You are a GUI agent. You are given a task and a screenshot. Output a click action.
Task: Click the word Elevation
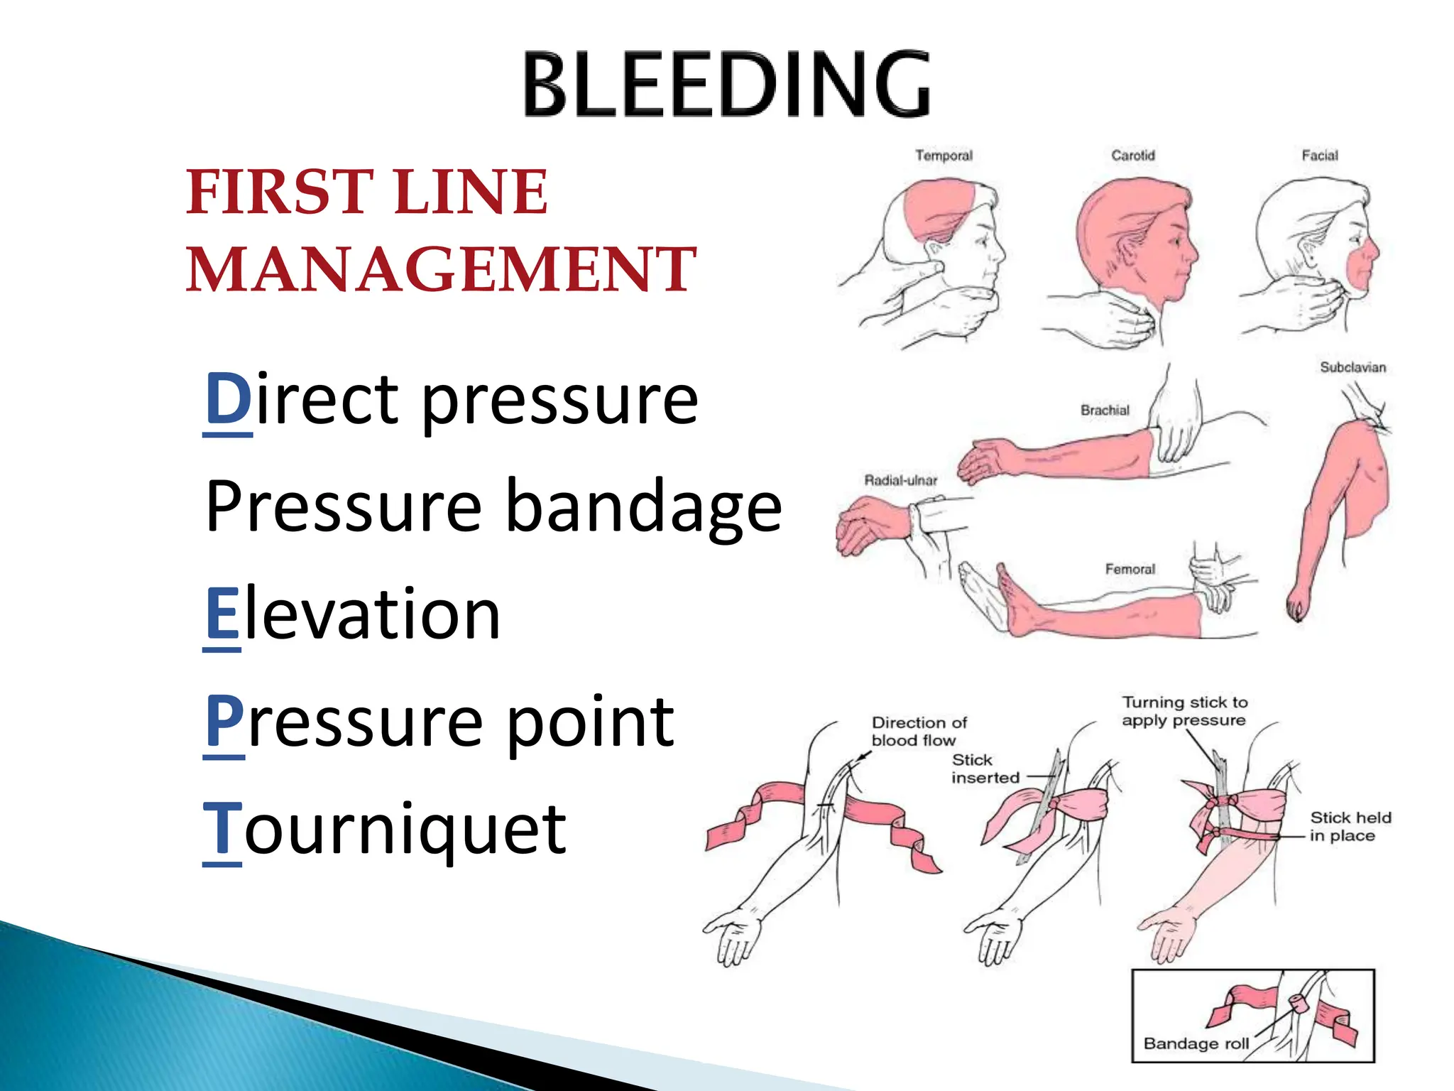[353, 614]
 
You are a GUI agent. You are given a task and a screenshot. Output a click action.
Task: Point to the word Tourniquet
[384, 829]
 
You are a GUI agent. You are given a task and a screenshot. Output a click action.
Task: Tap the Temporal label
[943, 156]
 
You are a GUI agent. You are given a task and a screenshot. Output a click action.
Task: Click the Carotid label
[1132, 156]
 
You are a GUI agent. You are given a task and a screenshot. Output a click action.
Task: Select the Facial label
[1319, 156]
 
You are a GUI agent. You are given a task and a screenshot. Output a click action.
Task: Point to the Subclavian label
[1352, 367]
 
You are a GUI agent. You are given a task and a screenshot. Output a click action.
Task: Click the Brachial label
[1104, 410]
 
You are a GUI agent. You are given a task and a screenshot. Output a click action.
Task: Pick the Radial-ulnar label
[900, 480]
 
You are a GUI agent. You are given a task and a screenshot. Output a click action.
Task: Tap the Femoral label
[1130, 569]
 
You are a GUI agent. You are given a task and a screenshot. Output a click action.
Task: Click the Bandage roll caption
[1196, 1043]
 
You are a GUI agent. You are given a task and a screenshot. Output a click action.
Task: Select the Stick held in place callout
[1349, 826]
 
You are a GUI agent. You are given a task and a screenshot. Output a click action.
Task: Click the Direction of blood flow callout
[919, 731]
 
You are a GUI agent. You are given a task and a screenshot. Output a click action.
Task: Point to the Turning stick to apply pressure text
[1184, 711]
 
